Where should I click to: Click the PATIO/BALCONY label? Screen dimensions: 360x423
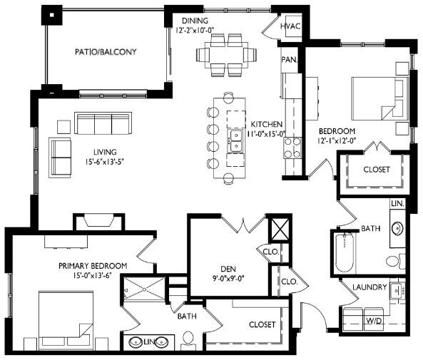coord(106,52)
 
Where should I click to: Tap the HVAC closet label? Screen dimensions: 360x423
coord(290,26)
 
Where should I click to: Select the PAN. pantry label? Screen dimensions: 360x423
coord(289,59)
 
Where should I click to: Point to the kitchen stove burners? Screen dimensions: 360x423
coord(292,148)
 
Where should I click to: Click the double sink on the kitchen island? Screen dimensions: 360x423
coord(235,140)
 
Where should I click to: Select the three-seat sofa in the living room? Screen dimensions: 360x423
coord(103,124)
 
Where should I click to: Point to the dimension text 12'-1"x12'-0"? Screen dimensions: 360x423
coord(336,140)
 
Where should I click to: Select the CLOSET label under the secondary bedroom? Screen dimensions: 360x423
coord(375,170)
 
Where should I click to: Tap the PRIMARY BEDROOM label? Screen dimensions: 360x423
coord(93,266)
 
